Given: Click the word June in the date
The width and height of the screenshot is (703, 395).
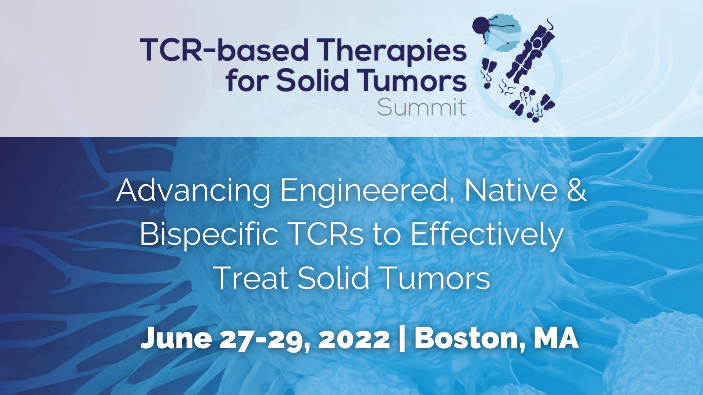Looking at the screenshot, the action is [x=176, y=339].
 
